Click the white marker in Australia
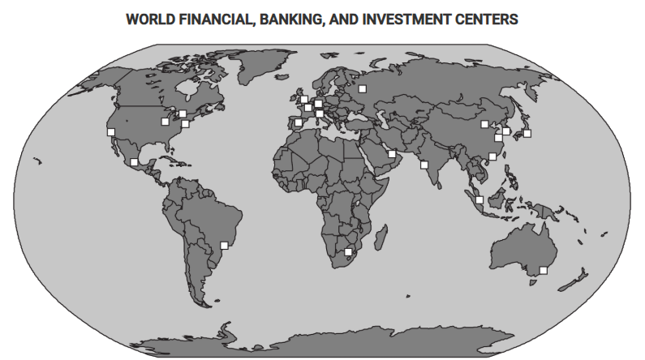(544, 271)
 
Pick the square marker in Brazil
(225, 246)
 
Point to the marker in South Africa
(349, 252)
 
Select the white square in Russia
(363, 88)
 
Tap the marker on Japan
(527, 134)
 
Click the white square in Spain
(299, 123)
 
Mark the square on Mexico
(134, 162)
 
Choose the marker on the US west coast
(111, 131)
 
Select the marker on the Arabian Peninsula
(392, 154)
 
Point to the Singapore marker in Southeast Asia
(479, 199)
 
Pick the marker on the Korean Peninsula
(506, 131)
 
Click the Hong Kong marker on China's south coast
(492, 156)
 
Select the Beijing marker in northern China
(484, 124)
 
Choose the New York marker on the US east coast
(185, 124)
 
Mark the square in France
(308, 108)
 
